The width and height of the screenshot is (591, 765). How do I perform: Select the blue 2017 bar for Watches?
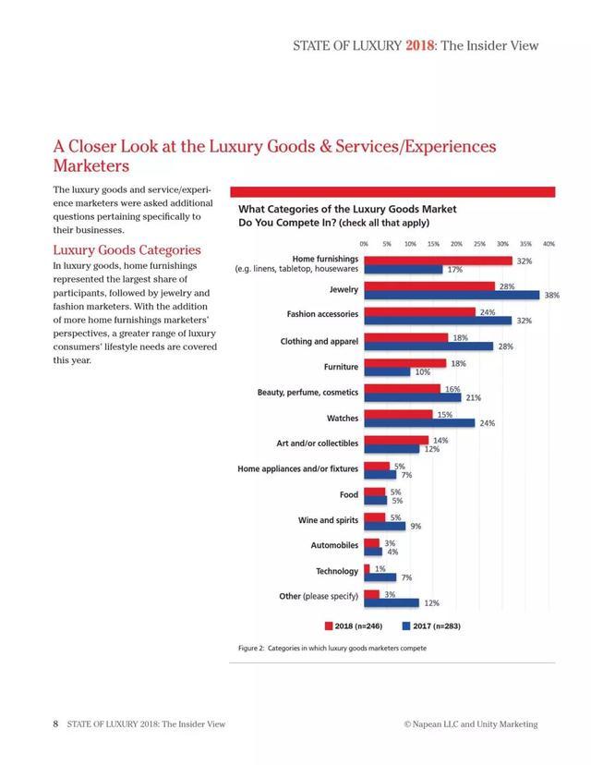pos(419,423)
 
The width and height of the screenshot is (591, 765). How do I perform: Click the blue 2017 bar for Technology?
pos(380,577)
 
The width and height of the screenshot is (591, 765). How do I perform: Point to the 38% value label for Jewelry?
pos(552,296)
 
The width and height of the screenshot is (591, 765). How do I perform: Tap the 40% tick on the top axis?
pos(549,244)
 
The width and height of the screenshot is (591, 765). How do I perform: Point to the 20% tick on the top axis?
pos(456,244)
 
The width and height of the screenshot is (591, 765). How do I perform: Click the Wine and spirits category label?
pos(328,520)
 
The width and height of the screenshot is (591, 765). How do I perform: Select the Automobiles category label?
pos(334,546)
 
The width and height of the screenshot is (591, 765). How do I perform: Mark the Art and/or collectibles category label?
pos(317,443)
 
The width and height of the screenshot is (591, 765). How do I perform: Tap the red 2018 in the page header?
pos(419,45)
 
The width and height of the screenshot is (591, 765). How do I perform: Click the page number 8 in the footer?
pos(55,723)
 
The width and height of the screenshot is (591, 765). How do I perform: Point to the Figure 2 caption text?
pos(332,648)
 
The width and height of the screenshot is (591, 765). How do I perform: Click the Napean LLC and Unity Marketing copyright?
pos(470,723)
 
